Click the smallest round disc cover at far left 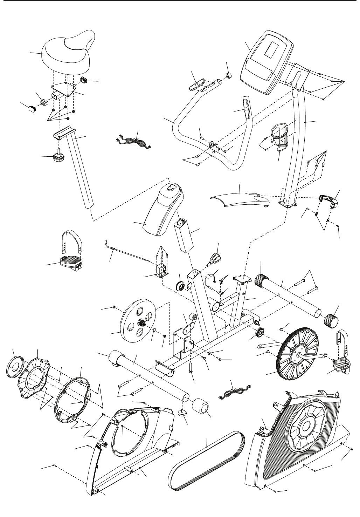click(16, 368)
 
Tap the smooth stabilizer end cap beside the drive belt click(201, 408)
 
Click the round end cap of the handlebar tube click(229, 75)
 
